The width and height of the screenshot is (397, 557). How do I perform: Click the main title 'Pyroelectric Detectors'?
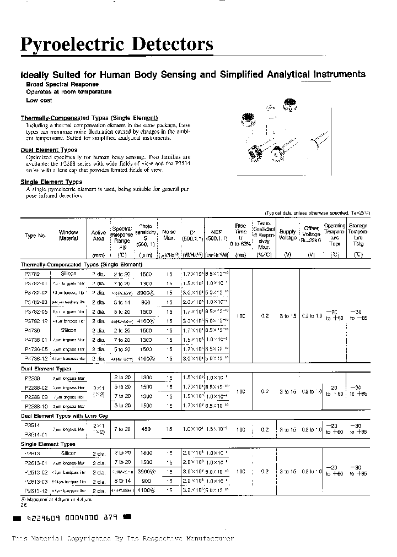point(117,44)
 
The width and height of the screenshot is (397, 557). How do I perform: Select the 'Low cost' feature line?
point(39,101)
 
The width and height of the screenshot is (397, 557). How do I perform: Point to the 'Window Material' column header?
point(68,236)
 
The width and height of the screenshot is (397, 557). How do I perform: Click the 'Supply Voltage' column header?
point(287,234)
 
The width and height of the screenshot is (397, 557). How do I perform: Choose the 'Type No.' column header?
point(35,236)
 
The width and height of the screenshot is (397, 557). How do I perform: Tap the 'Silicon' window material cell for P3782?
point(69,274)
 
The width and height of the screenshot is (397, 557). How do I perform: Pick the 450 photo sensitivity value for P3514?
point(146,429)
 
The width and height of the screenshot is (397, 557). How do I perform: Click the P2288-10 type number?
point(36,405)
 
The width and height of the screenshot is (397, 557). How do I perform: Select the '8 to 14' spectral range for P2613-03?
point(122,480)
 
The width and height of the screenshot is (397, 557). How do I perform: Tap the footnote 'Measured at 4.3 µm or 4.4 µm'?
point(54,499)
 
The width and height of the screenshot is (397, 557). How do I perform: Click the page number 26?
point(24,504)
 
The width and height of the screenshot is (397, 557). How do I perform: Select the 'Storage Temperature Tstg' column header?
point(359,235)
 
